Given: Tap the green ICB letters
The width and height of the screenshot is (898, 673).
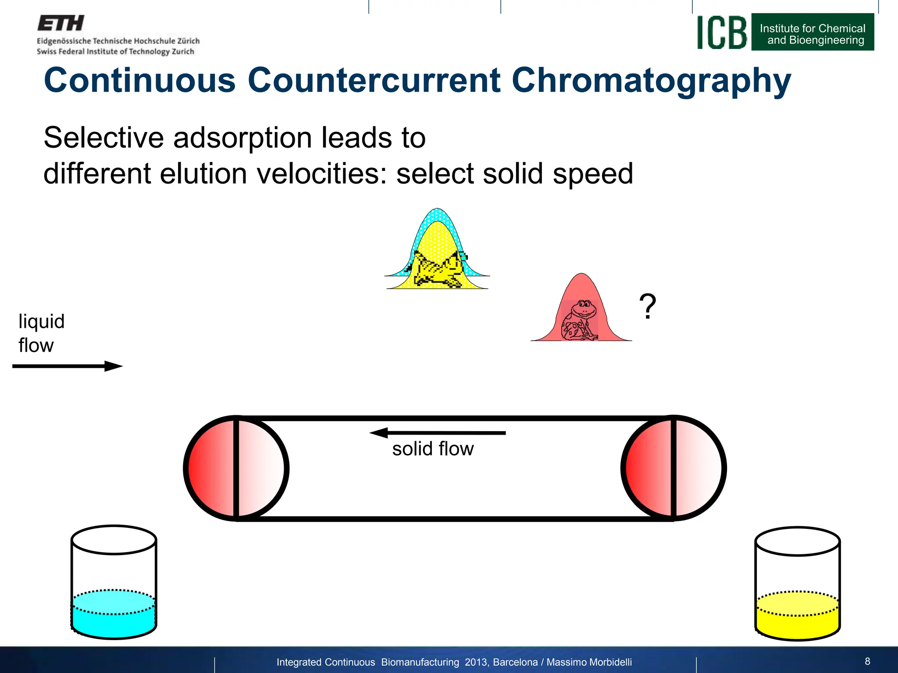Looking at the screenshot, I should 722,33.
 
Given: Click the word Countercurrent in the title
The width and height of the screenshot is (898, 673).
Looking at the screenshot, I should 374,81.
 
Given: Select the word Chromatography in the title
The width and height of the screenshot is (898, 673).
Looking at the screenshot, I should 651,81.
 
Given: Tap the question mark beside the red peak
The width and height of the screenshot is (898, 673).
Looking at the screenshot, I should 648,306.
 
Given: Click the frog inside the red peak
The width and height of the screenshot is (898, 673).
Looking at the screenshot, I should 580,320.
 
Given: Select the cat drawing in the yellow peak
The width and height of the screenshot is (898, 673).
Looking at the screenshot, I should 438,269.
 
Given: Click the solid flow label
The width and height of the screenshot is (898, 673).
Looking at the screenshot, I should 433,449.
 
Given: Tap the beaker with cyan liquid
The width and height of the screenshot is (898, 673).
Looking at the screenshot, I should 114,582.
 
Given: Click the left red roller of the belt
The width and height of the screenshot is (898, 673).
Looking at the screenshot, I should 236,468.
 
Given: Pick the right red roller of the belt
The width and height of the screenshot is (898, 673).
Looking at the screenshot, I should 673,468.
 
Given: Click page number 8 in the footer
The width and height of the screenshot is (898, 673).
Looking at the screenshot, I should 867,661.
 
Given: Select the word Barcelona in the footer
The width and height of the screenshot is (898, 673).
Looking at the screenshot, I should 515,662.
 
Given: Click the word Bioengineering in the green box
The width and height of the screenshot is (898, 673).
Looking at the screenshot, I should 826,40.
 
